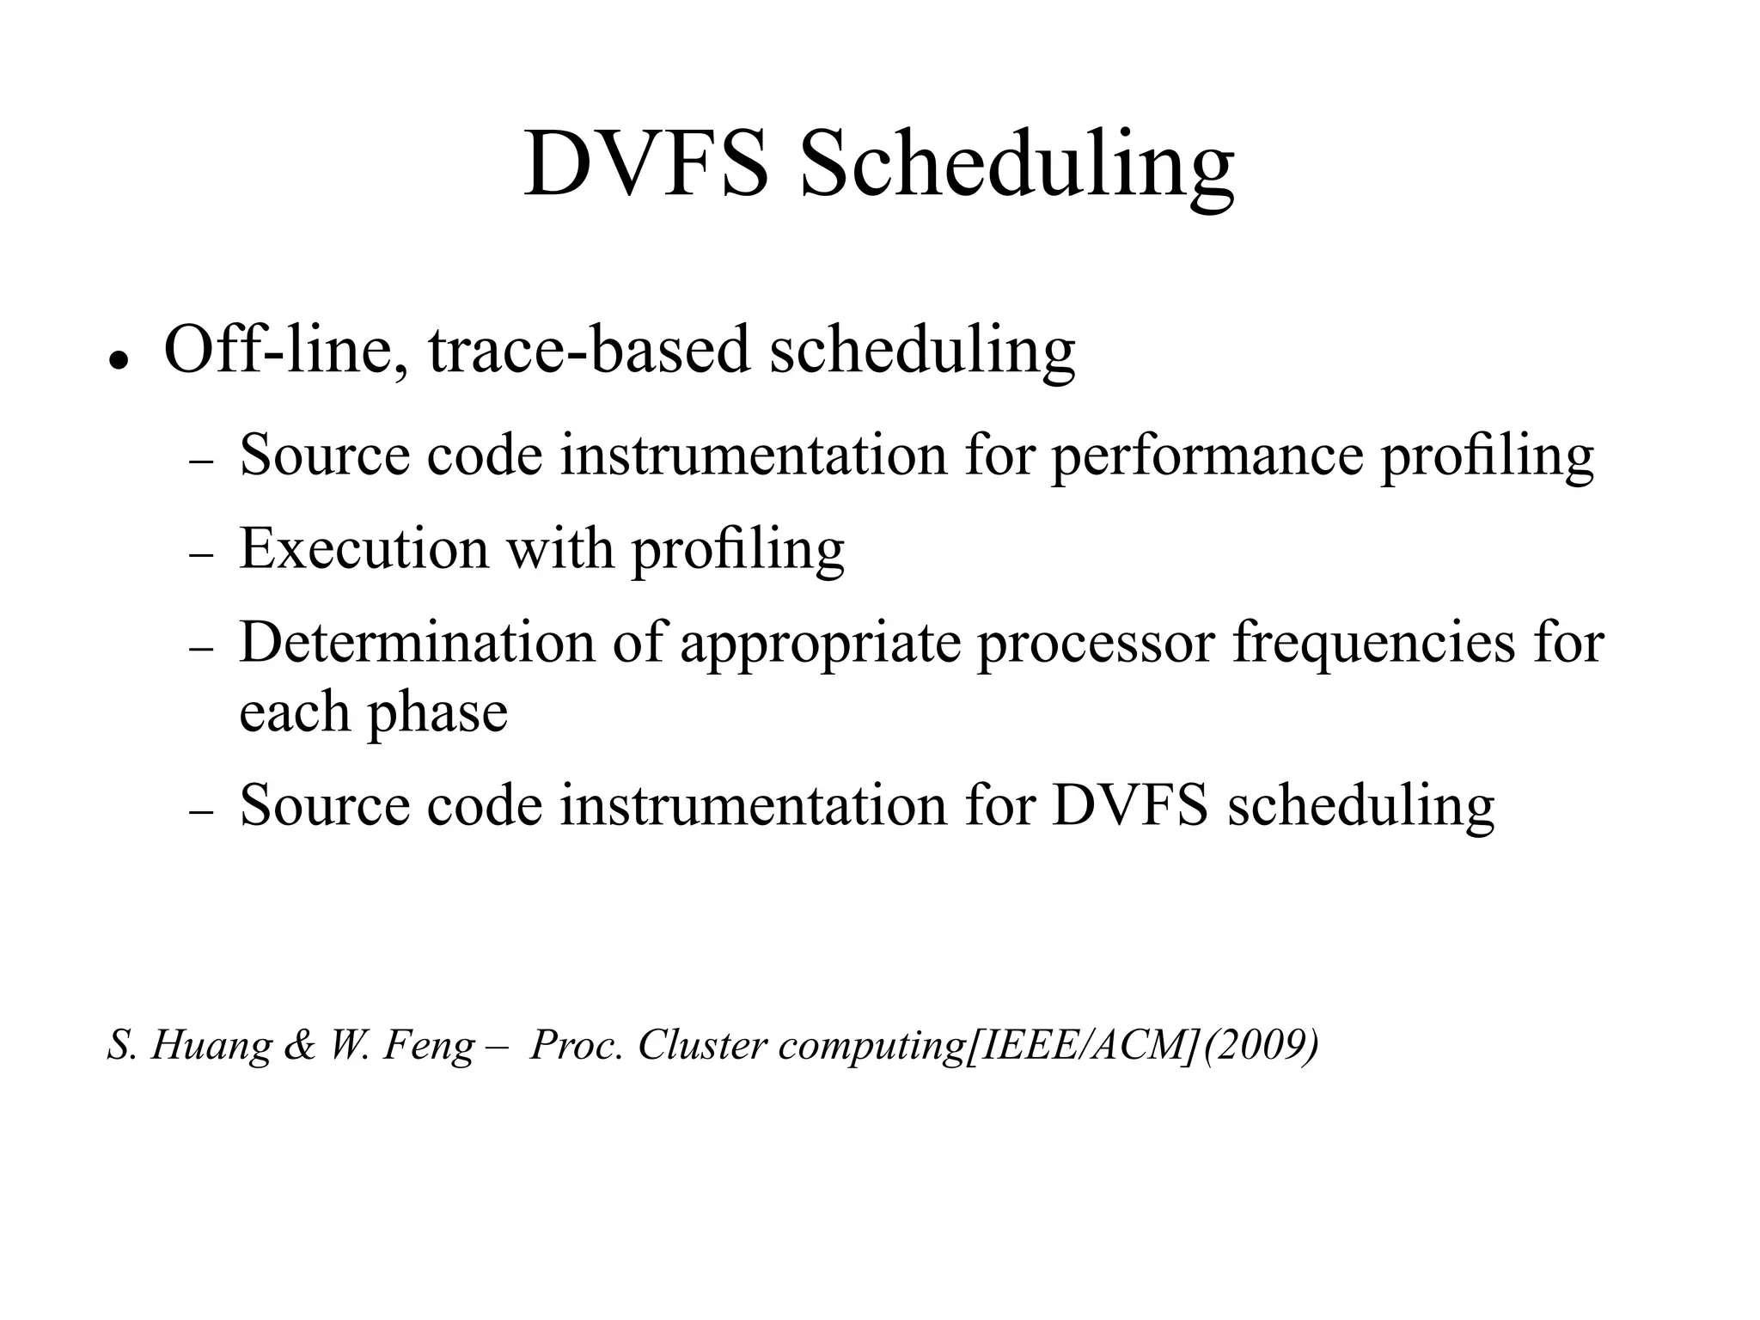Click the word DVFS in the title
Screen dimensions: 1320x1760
click(646, 163)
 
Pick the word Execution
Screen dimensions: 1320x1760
click(364, 548)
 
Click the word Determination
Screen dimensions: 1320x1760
click(417, 643)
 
